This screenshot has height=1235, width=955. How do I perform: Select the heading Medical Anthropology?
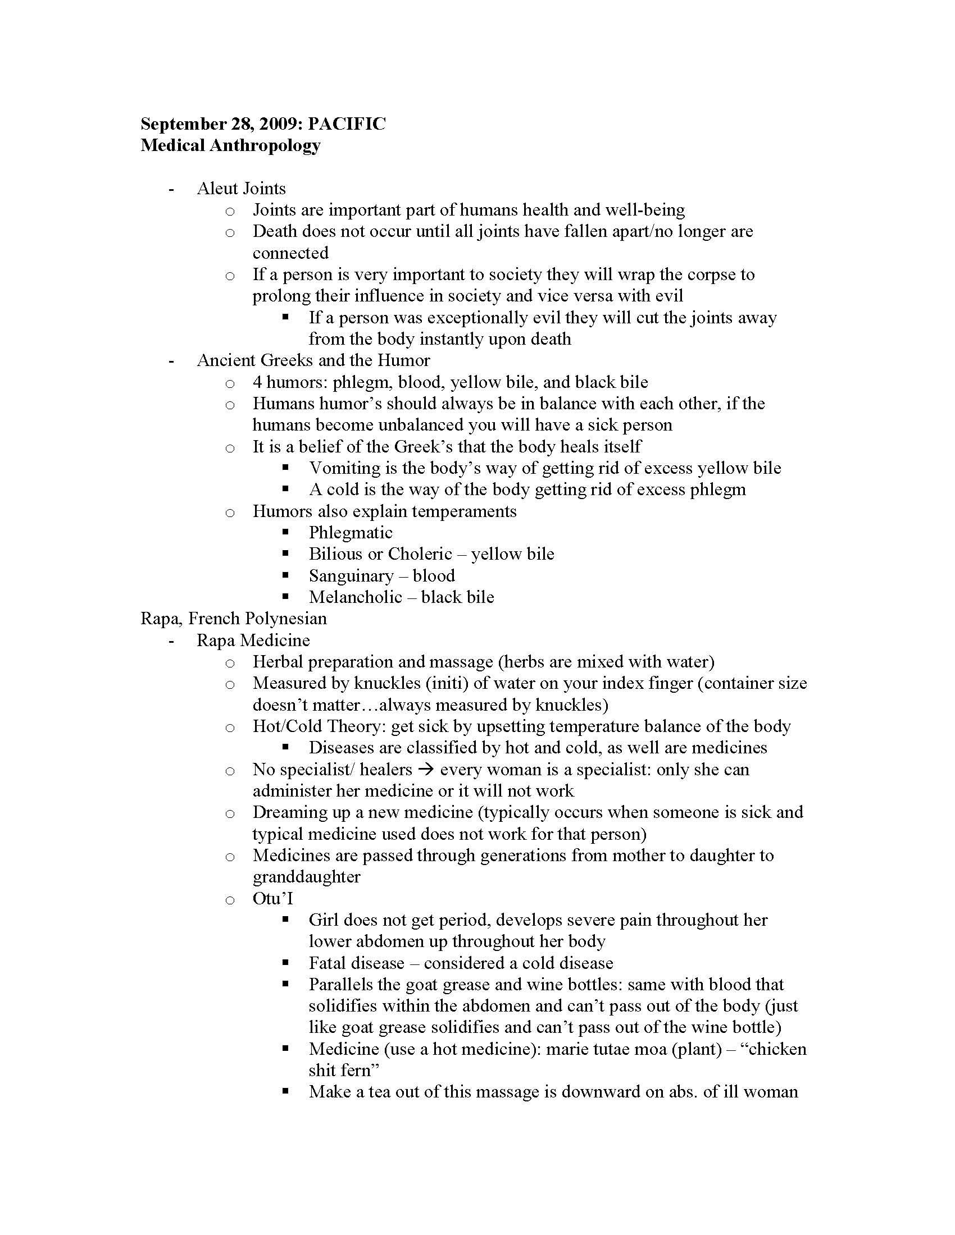pyautogui.click(x=230, y=145)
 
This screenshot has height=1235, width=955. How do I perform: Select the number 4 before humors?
pyautogui.click(x=257, y=382)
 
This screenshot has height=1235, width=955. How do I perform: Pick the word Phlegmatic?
pyautogui.click(x=350, y=533)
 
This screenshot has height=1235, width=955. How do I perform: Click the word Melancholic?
pyautogui.click(x=355, y=597)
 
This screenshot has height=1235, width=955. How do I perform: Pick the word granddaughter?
pyautogui.click(x=306, y=877)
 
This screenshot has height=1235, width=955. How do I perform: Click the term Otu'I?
pyautogui.click(x=272, y=899)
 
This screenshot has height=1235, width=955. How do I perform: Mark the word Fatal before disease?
pyautogui.click(x=328, y=963)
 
